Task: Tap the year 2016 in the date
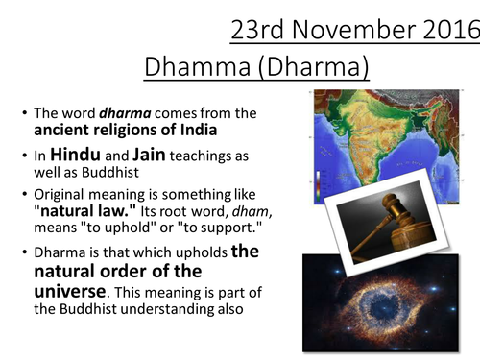point(443,31)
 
